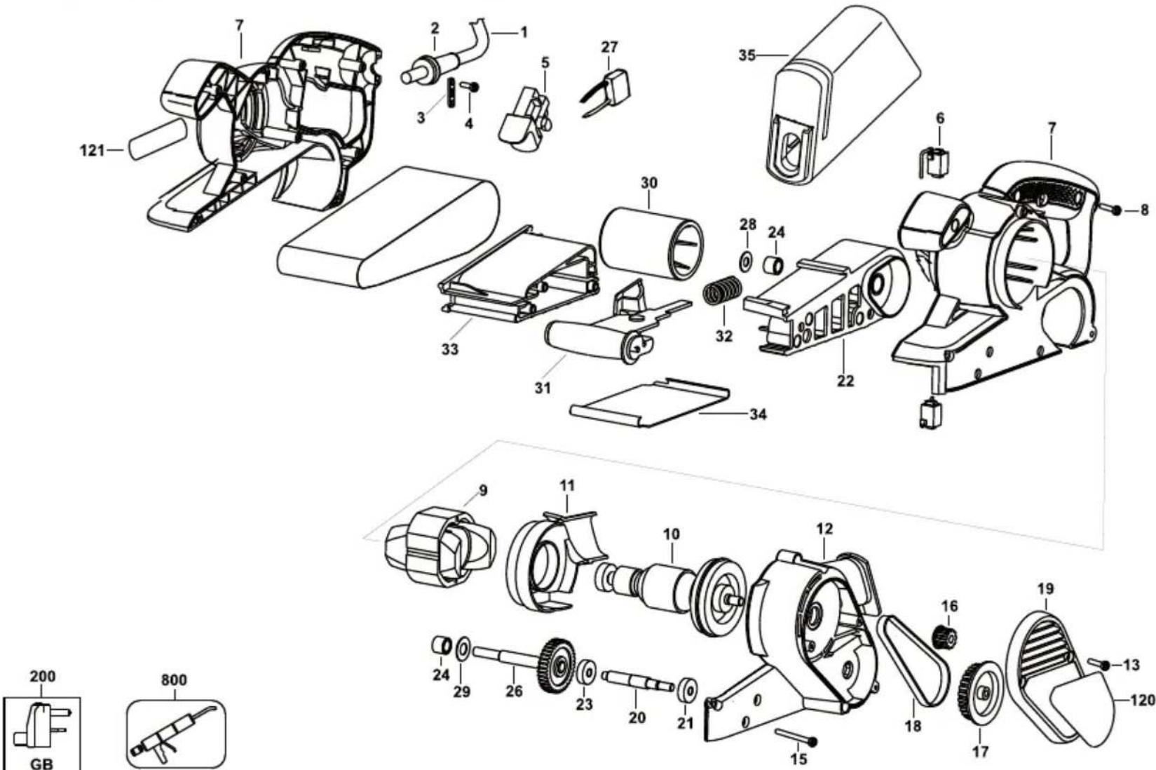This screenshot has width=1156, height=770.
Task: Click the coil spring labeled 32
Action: pos(722,292)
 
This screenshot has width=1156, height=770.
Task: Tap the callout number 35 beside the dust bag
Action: pos(747,55)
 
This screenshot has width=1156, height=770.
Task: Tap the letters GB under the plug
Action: pos(41,763)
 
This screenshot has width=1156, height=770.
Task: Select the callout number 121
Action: pos(91,151)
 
